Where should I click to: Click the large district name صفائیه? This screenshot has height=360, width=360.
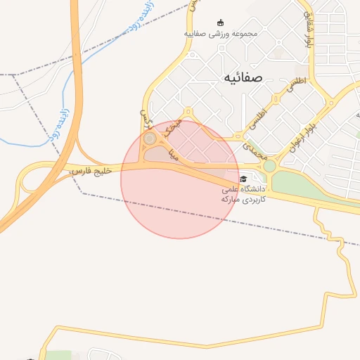tap(243, 77)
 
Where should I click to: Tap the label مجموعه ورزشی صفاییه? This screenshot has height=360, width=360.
tap(221, 34)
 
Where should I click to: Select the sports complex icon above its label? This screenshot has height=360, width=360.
tap(221, 22)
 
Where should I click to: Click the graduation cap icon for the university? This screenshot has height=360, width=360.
tap(243, 178)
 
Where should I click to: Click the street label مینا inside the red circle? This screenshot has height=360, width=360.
tap(173, 153)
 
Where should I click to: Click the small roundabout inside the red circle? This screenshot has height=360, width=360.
tap(150, 139)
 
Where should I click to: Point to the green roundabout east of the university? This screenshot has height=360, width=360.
tap(269, 167)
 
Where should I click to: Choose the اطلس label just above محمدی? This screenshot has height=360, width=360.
tap(258, 115)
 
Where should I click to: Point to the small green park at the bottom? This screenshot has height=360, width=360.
tap(60, 356)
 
